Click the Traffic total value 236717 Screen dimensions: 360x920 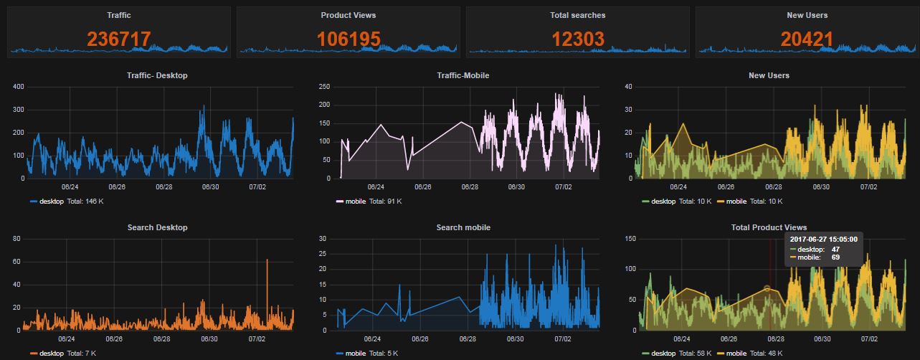point(119,39)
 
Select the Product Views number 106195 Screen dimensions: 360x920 point(348,39)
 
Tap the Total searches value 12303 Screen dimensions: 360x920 point(578,39)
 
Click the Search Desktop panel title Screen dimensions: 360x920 point(157,227)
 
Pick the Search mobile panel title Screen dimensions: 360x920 point(463,227)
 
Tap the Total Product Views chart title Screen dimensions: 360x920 point(769,227)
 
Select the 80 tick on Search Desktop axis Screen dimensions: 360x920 point(18,239)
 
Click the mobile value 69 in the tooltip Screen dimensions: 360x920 point(835,257)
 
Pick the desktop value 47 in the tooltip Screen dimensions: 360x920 point(835,249)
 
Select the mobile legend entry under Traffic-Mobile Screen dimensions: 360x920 point(356,202)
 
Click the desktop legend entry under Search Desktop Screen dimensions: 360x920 point(51,354)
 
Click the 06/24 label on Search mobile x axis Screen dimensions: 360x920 point(372,338)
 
